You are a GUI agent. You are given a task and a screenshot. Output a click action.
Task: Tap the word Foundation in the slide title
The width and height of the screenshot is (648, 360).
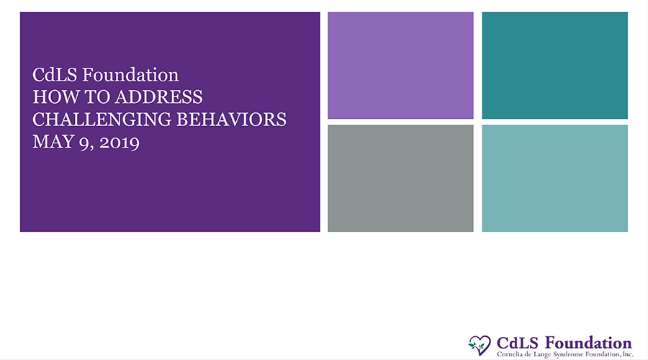pos(130,75)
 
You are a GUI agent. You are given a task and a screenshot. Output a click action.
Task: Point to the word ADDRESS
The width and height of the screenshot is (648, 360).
pos(159,97)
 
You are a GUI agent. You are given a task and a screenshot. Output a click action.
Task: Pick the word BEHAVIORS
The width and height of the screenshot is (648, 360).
pos(231,120)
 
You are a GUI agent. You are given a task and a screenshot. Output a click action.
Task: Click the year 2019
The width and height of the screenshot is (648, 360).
pos(120,142)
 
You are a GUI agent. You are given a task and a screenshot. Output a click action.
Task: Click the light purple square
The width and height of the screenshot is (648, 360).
pos(400,66)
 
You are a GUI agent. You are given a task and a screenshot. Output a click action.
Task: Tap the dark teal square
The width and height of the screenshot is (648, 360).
pos(554,66)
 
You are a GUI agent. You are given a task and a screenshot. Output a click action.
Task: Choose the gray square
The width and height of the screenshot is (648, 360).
pos(400,178)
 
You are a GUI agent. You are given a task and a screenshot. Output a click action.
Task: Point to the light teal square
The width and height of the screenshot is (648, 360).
pos(554,178)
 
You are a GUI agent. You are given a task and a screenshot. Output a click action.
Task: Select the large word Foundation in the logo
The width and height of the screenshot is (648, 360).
pos(588,343)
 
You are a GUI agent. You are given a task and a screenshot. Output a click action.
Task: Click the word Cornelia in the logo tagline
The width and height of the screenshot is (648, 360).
pos(508,354)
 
